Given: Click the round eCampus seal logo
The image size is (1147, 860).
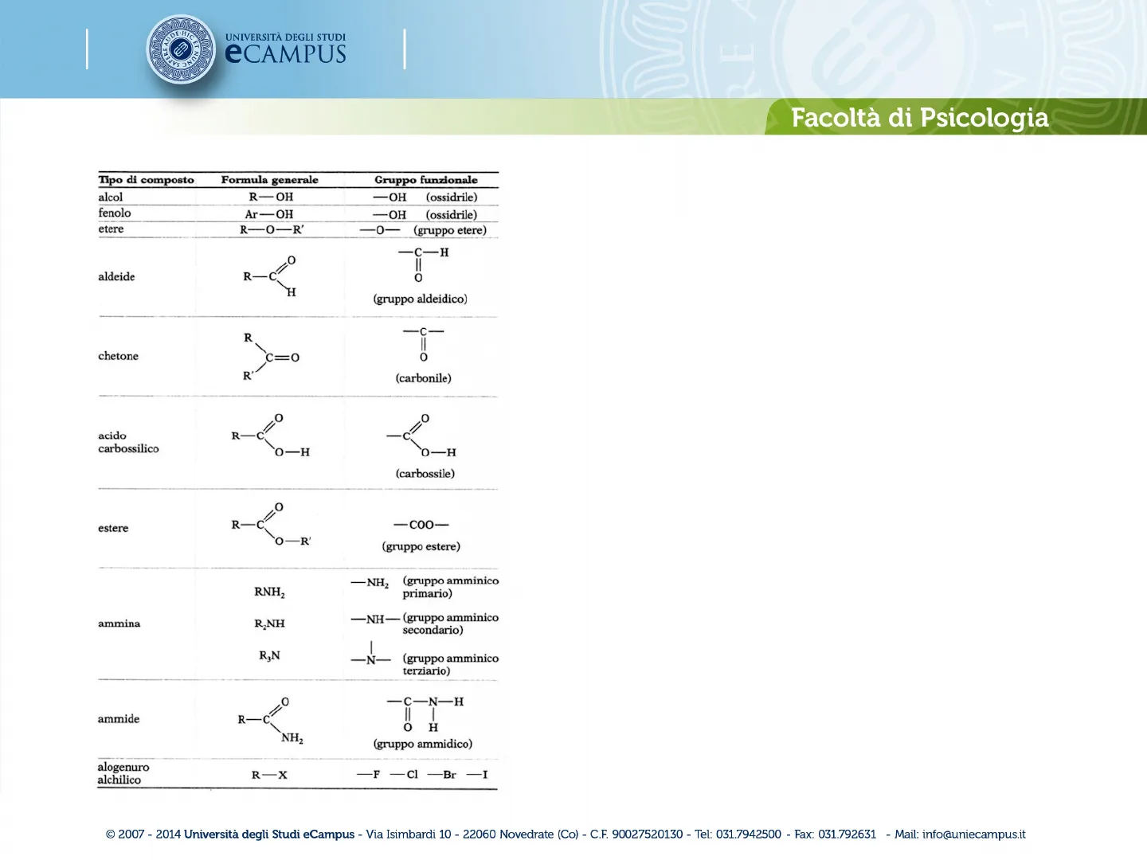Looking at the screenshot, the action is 181,49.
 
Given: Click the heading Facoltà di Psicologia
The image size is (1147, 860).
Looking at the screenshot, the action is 920,118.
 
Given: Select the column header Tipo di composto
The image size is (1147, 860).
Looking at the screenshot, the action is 146,180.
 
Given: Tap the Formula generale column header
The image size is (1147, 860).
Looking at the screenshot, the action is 270,180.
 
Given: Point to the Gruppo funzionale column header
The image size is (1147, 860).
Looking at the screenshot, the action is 426,180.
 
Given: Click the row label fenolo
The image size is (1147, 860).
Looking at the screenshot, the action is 115,213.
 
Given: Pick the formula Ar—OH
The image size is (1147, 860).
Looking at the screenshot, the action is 269,214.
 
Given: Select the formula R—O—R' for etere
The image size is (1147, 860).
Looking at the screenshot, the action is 272,230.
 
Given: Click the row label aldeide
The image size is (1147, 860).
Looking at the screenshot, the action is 116,277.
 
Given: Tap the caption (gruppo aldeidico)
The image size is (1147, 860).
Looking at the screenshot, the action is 420,299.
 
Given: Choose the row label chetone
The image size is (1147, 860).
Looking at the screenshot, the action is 118,356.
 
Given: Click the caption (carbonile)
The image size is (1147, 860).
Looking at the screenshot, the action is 423,378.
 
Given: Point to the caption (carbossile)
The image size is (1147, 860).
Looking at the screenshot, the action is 425,474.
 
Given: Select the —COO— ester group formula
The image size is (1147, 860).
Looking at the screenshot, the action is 421,525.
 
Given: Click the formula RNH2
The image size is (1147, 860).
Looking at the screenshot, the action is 270,592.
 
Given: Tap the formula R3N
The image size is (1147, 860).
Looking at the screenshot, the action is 270,656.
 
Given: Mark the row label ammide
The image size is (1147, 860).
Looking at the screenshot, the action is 119,719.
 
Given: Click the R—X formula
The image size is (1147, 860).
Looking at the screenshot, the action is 270,775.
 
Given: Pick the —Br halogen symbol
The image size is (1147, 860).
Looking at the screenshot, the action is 442,774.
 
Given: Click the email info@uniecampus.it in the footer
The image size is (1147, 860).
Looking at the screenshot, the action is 973,835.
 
